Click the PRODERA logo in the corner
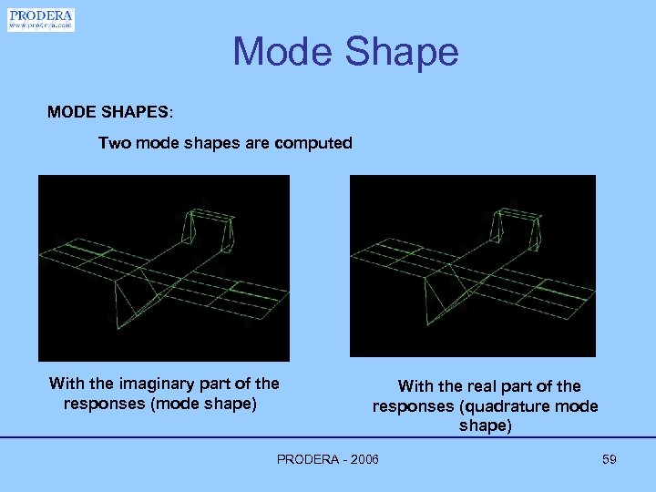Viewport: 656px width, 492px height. (41, 19)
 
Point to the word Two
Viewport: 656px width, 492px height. (115, 143)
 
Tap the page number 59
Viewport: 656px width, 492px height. (610, 459)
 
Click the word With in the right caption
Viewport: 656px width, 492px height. (416, 386)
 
